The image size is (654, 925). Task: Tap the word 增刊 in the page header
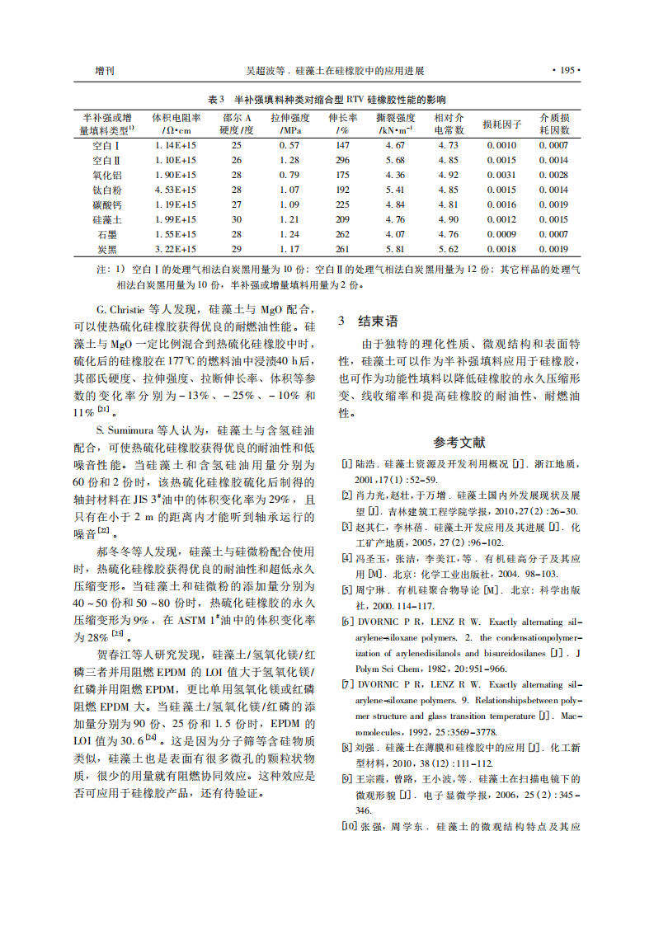(105, 70)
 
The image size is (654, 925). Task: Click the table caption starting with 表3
(327, 99)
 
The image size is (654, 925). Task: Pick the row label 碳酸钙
(108, 204)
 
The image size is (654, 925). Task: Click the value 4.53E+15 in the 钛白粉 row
(176, 190)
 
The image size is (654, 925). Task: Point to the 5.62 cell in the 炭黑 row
(448, 249)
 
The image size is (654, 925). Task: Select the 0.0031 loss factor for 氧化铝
(501, 175)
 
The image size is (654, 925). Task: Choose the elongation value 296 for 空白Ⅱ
(342, 160)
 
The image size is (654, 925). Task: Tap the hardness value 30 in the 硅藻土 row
(237, 219)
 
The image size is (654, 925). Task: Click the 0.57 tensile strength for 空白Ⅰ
(289, 145)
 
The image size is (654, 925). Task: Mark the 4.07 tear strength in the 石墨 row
(395, 234)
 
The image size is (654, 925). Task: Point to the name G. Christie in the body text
(124, 310)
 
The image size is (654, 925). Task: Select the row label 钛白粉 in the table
(108, 190)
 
